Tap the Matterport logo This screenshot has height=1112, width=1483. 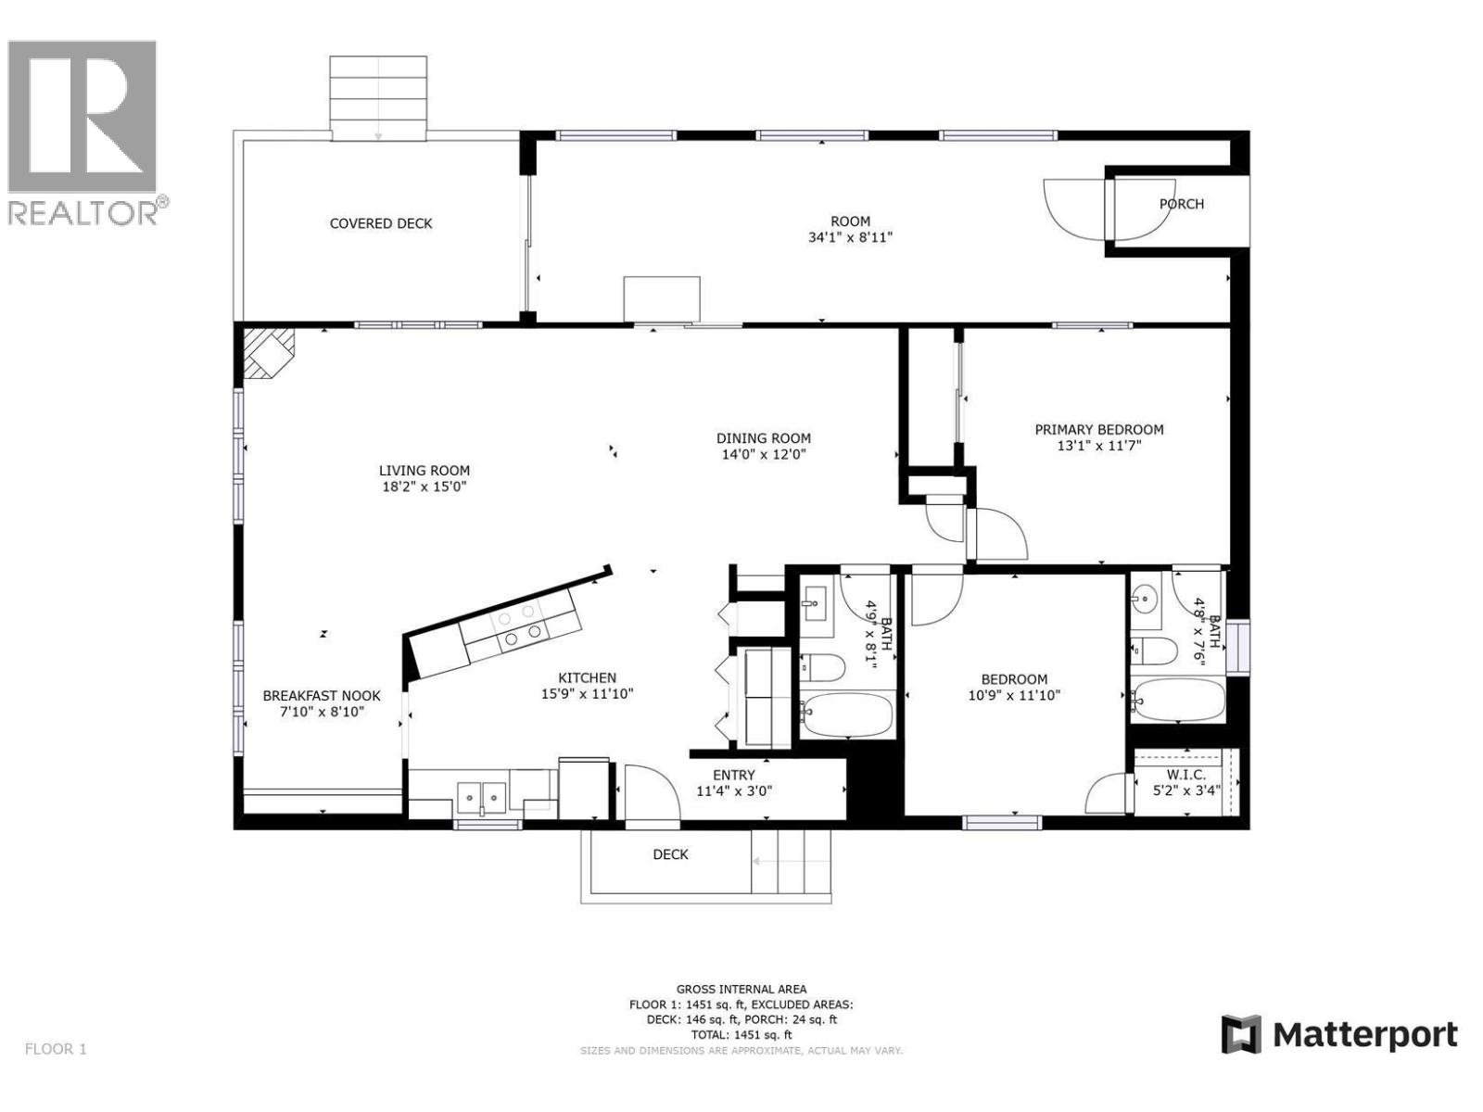[x=1339, y=1034]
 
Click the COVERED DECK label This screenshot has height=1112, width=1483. [x=381, y=223]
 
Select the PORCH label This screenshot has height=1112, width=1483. [x=1182, y=204]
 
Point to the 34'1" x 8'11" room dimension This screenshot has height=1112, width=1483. [x=850, y=237]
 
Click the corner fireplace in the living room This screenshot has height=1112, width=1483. [x=268, y=354]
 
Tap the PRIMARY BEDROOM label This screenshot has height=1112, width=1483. [x=1099, y=429]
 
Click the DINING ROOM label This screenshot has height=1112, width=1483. [x=764, y=438]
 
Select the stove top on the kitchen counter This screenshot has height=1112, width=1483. [x=519, y=625]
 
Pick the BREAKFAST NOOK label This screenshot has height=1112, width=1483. [x=322, y=696]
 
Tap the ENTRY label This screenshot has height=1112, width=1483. [x=734, y=775]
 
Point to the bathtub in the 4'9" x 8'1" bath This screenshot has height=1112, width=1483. [x=847, y=714]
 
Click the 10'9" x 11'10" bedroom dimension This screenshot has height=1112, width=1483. [x=1014, y=695]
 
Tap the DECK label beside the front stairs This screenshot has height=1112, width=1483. [x=670, y=854]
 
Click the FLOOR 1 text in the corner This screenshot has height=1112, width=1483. [x=56, y=1049]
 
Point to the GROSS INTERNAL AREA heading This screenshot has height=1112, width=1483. [x=741, y=989]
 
